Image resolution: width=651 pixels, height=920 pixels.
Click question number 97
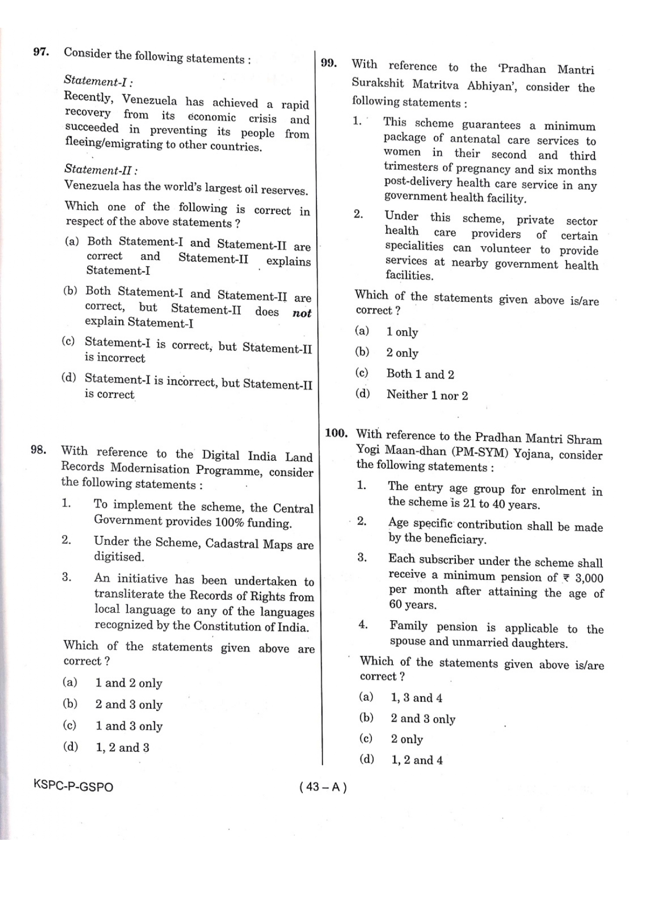(41, 51)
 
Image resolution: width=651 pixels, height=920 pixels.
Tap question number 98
(38, 450)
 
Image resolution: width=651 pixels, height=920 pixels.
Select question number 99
(328, 63)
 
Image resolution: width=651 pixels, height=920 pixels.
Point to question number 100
(336, 433)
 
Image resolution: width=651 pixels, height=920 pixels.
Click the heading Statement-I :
(98, 81)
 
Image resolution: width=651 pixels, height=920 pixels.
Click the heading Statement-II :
(101, 169)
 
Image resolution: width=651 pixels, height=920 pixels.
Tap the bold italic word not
(302, 313)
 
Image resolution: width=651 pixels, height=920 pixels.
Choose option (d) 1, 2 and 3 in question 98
(122, 748)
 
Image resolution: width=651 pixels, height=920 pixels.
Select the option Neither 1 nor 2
(427, 395)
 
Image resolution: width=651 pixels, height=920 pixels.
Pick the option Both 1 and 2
(420, 374)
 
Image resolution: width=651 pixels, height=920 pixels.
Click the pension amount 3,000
(589, 578)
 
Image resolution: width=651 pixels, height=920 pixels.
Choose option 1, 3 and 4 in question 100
(417, 698)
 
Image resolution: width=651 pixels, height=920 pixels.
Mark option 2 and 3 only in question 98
(129, 705)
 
